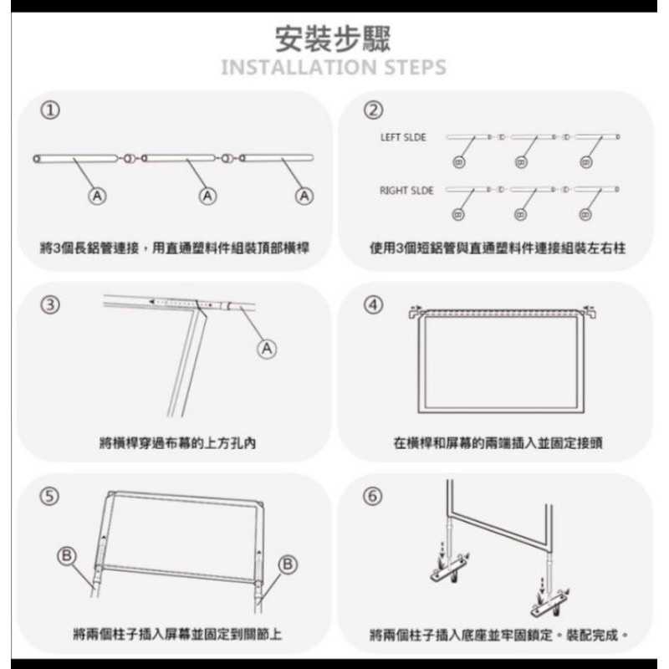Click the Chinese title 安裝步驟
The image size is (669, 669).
click(333, 38)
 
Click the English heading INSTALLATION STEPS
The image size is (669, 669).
click(333, 67)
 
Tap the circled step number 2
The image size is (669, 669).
click(374, 110)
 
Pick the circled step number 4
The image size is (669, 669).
click(374, 304)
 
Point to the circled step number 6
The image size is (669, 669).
click(374, 496)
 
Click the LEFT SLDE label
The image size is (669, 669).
click(403, 137)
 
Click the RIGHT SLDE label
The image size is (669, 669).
click(406, 191)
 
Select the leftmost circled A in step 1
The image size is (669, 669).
click(98, 196)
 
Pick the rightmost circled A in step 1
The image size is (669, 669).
click(305, 196)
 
